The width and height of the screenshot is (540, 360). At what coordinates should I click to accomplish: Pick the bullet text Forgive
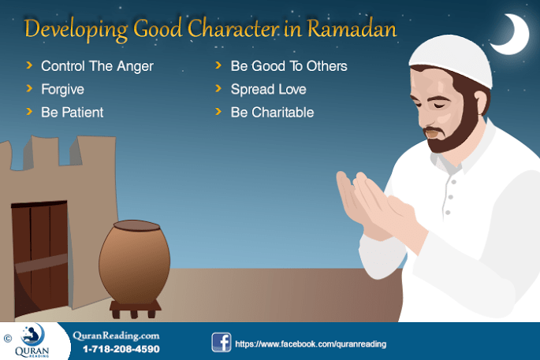(62, 89)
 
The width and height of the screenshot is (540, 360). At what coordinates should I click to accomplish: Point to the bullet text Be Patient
(73, 112)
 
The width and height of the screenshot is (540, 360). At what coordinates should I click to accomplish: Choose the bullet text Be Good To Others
(289, 66)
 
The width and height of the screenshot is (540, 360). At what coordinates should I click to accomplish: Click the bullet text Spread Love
(268, 89)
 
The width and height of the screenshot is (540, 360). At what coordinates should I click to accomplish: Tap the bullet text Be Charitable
(272, 112)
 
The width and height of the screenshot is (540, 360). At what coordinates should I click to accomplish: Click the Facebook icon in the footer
(221, 343)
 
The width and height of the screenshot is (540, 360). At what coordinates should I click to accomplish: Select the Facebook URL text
(311, 344)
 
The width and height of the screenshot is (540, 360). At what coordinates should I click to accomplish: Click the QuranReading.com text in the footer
(115, 335)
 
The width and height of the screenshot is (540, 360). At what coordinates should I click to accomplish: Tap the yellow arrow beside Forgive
(29, 89)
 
